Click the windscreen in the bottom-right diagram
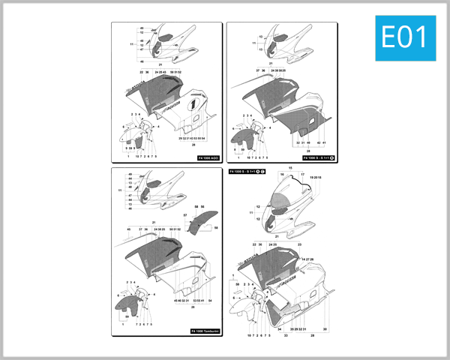pos(284,202)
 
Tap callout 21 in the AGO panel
pos(160,65)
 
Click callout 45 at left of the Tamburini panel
pos(128,229)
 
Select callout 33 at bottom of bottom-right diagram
pos(286,336)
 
